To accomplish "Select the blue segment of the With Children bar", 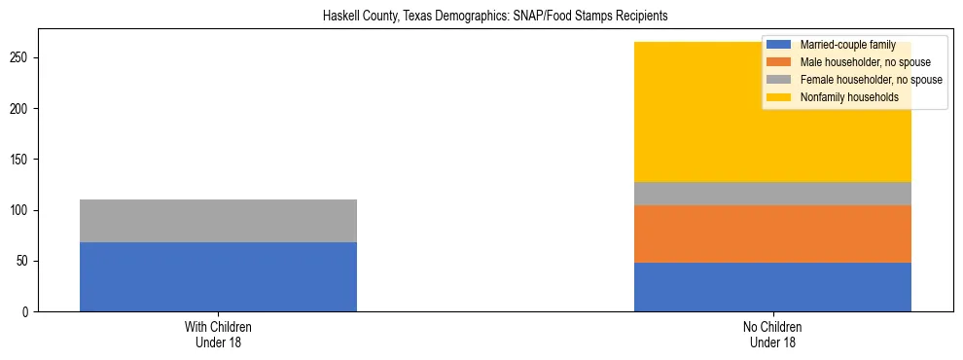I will click(x=218, y=276).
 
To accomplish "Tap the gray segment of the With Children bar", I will click(x=218, y=221).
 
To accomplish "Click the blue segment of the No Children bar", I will click(x=772, y=287).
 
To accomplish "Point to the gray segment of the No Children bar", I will click(x=772, y=194).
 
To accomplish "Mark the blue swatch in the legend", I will click(x=779, y=45).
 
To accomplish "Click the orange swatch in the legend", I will click(x=779, y=62).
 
